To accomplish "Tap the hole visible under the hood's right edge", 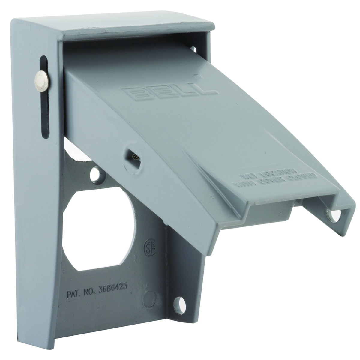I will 194,49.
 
